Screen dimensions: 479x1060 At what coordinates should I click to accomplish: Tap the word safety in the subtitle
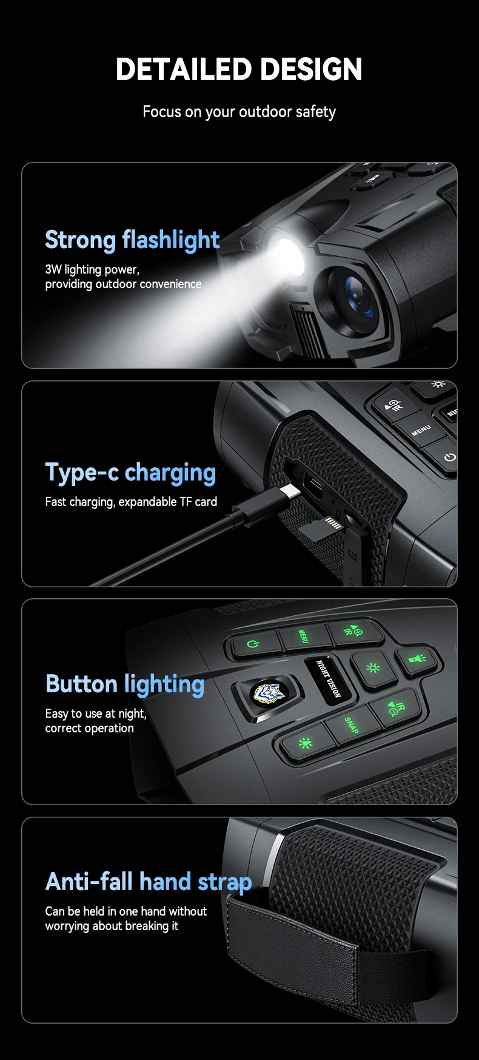(315, 112)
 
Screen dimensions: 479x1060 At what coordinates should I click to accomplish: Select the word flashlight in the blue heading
(171, 240)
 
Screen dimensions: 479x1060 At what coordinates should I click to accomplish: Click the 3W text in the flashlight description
(53, 269)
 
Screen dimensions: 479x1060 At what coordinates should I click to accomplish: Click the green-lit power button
(252, 643)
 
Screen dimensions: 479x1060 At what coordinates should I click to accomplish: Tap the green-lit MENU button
(303, 636)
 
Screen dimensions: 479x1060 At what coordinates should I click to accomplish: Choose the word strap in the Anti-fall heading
(224, 883)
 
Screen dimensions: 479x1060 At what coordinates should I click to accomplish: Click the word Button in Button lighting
(81, 684)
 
